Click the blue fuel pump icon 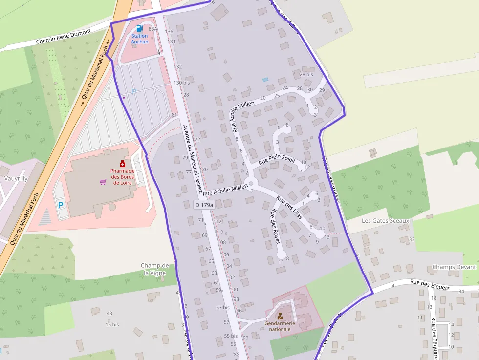click(140, 29)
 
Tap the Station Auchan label click(139, 39)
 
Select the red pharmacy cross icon click(122, 164)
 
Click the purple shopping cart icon click(103, 182)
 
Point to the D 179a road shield click(204, 205)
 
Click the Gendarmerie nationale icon click(280, 316)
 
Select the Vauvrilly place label click(16, 178)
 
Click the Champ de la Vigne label click(155, 269)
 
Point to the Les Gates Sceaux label click(385, 221)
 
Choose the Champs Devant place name click(454, 267)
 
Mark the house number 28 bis click(306, 74)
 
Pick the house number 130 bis click(181, 83)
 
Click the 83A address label click(153, 29)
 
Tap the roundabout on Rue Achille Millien click(252, 184)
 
